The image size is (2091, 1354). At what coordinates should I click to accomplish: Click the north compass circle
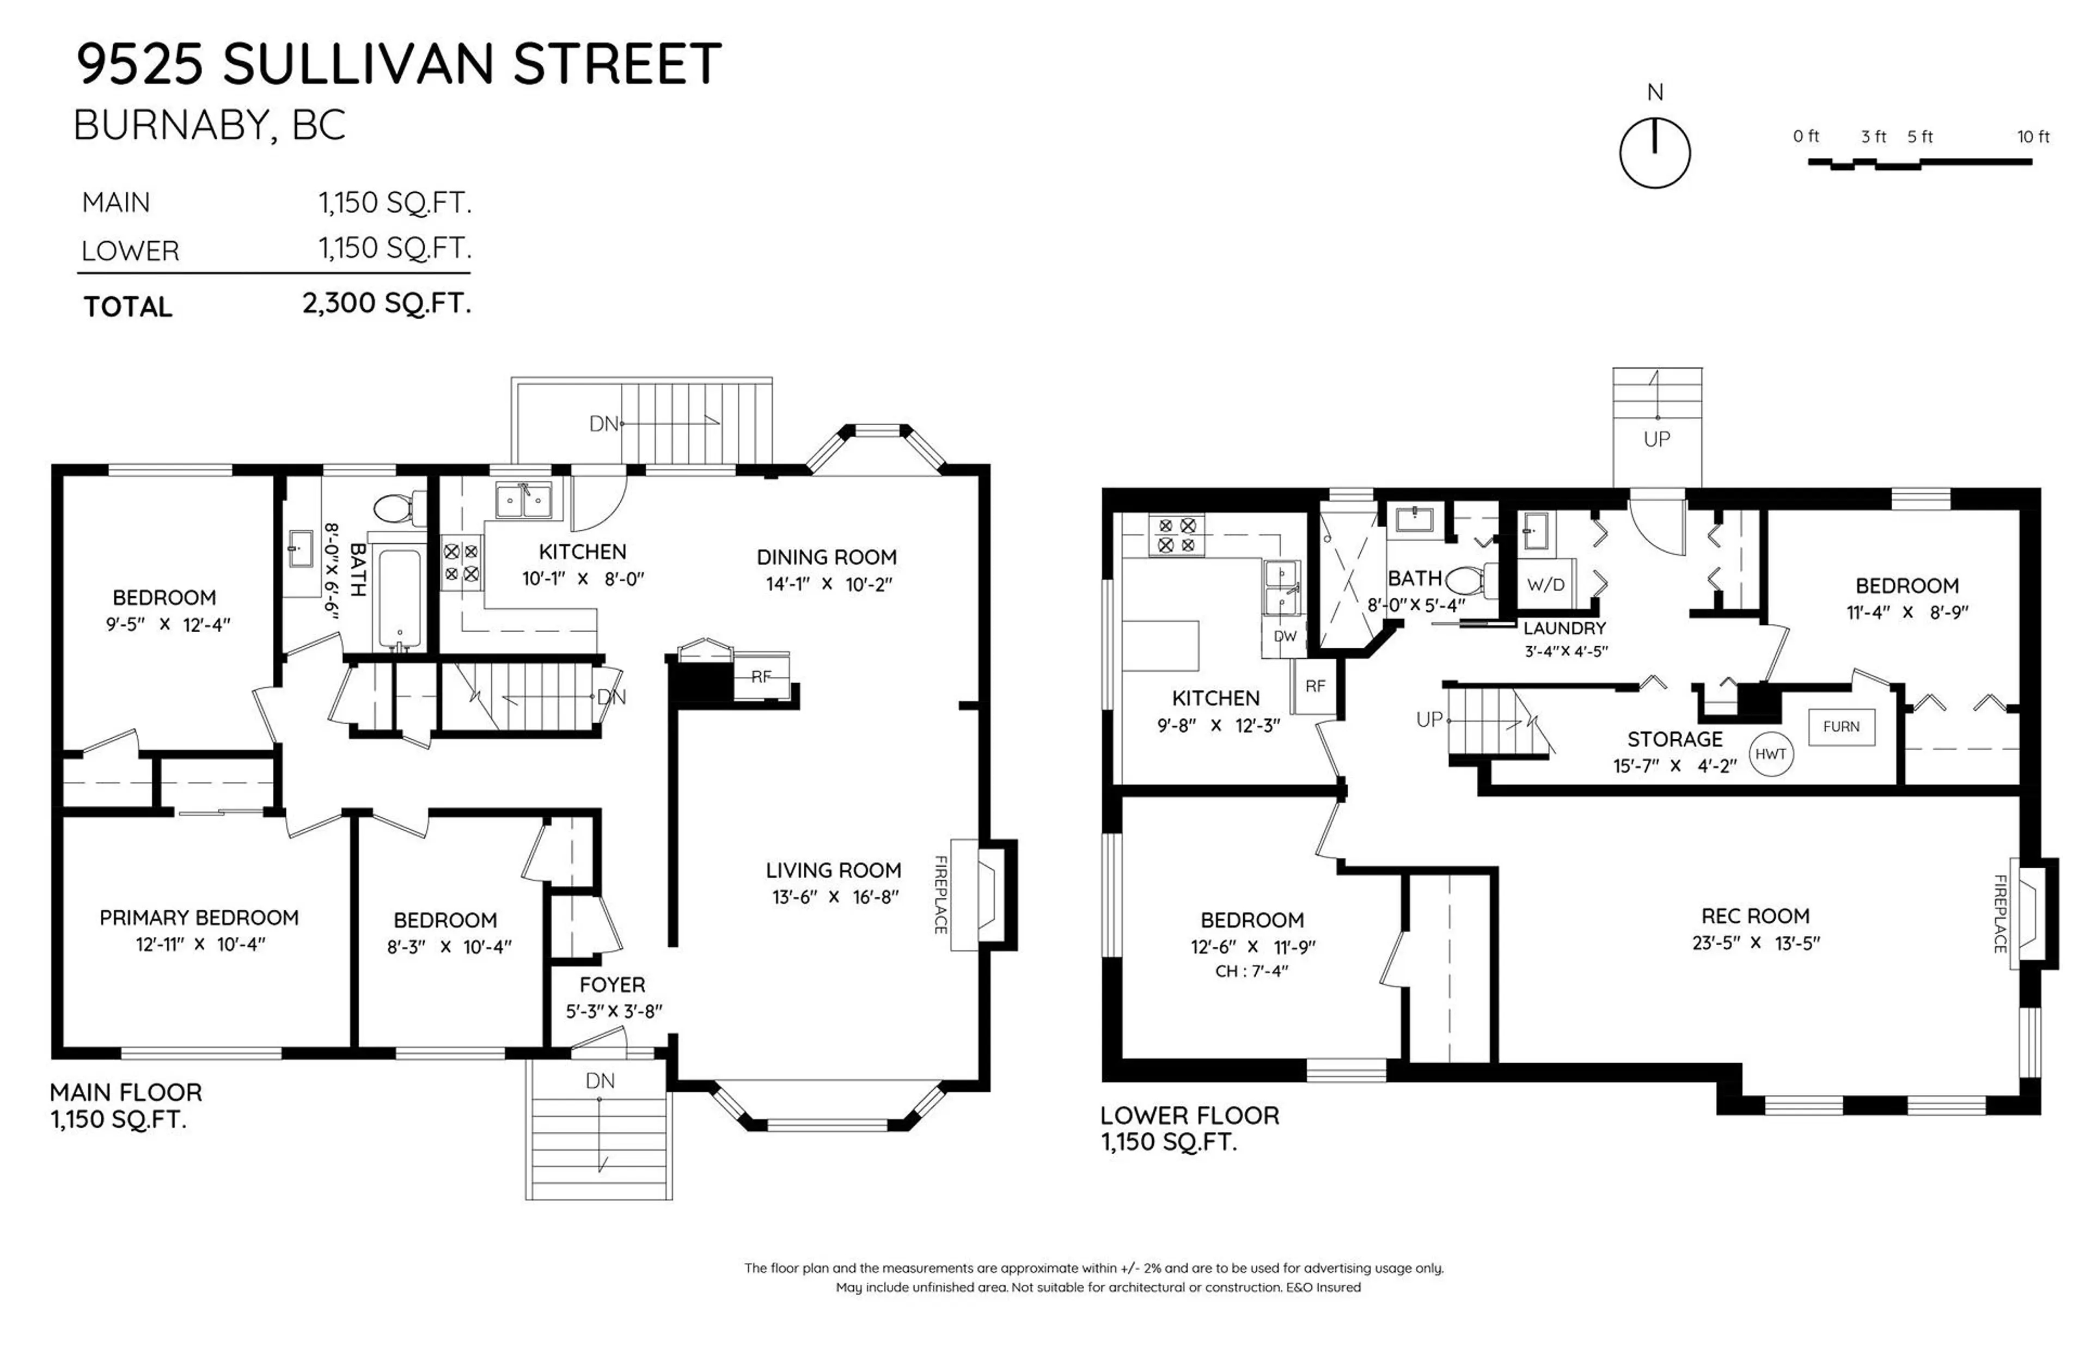[x=1654, y=153]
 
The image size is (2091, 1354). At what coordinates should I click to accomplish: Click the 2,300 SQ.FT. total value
[x=387, y=304]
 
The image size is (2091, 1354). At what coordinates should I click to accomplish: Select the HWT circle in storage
[x=1770, y=754]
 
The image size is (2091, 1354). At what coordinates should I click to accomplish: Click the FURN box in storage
[x=1842, y=727]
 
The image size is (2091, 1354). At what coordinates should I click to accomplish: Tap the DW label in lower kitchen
[x=1285, y=636]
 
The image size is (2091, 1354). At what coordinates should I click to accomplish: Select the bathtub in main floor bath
[x=398, y=597]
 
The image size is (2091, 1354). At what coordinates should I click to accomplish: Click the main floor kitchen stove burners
[x=460, y=562]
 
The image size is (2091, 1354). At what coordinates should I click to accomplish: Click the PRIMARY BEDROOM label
[x=199, y=917]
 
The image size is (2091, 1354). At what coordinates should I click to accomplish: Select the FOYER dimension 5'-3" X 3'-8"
[x=613, y=1012]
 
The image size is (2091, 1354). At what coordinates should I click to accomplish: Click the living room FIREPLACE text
[x=940, y=895]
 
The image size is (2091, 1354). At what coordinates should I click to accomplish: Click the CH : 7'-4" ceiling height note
[x=1251, y=971]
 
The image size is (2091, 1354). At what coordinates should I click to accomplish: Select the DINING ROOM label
[x=827, y=557]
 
